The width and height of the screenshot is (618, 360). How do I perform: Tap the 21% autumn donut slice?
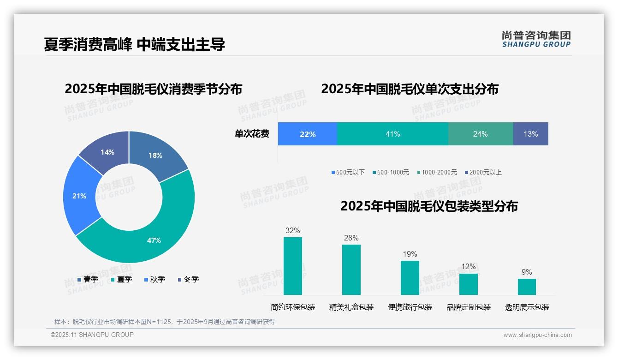pyautogui.click(x=81, y=196)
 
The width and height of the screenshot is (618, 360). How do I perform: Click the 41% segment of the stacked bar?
pyautogui.click(x=392, y=134)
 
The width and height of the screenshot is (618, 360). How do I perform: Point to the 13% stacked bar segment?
pyautogui.click(x=530, y=134)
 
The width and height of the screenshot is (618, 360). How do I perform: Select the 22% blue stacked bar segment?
pyautogui.click(x=308, y=134)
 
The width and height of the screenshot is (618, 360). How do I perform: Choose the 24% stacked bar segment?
pyautogui.click(x=480, y=134)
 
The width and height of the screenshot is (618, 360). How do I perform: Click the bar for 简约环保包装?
pyautogui.click(x=293, y=266)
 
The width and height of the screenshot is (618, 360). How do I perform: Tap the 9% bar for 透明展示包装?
pyautogui.click(x=527, y=287)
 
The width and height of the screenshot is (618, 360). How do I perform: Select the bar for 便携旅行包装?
pyautogui.click(x=410, y=277)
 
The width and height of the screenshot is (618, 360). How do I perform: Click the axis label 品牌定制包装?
pyautogui.click(x=469, y=307)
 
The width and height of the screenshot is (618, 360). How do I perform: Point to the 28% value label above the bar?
pyautogui.click(x=351, y=238)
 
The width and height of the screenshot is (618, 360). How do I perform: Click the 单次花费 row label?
pyautogui.click(x=252, y=134)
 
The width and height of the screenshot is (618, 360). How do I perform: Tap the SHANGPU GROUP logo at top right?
pyautogui.click(x=536, y=39)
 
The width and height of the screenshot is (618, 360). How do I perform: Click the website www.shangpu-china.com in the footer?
pyautogui.click(x=537, y=335)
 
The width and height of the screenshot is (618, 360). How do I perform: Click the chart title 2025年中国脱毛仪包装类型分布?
pyautogui.click(x=429, y=206)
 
